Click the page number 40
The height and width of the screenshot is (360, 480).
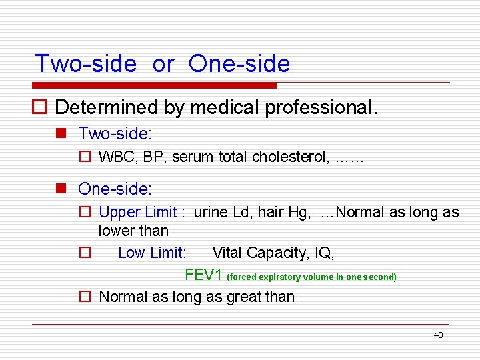tap(438, 335)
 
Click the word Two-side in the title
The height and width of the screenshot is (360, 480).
tap(85, 64)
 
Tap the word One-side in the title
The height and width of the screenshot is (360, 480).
tap(239, 64)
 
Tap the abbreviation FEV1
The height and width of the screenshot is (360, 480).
tap(203, 275)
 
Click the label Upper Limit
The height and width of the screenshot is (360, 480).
tap(137, 212)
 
